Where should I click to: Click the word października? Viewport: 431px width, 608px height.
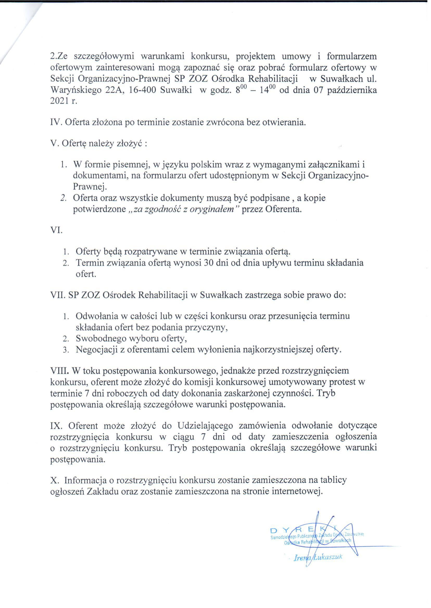click(x=352, y=90)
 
